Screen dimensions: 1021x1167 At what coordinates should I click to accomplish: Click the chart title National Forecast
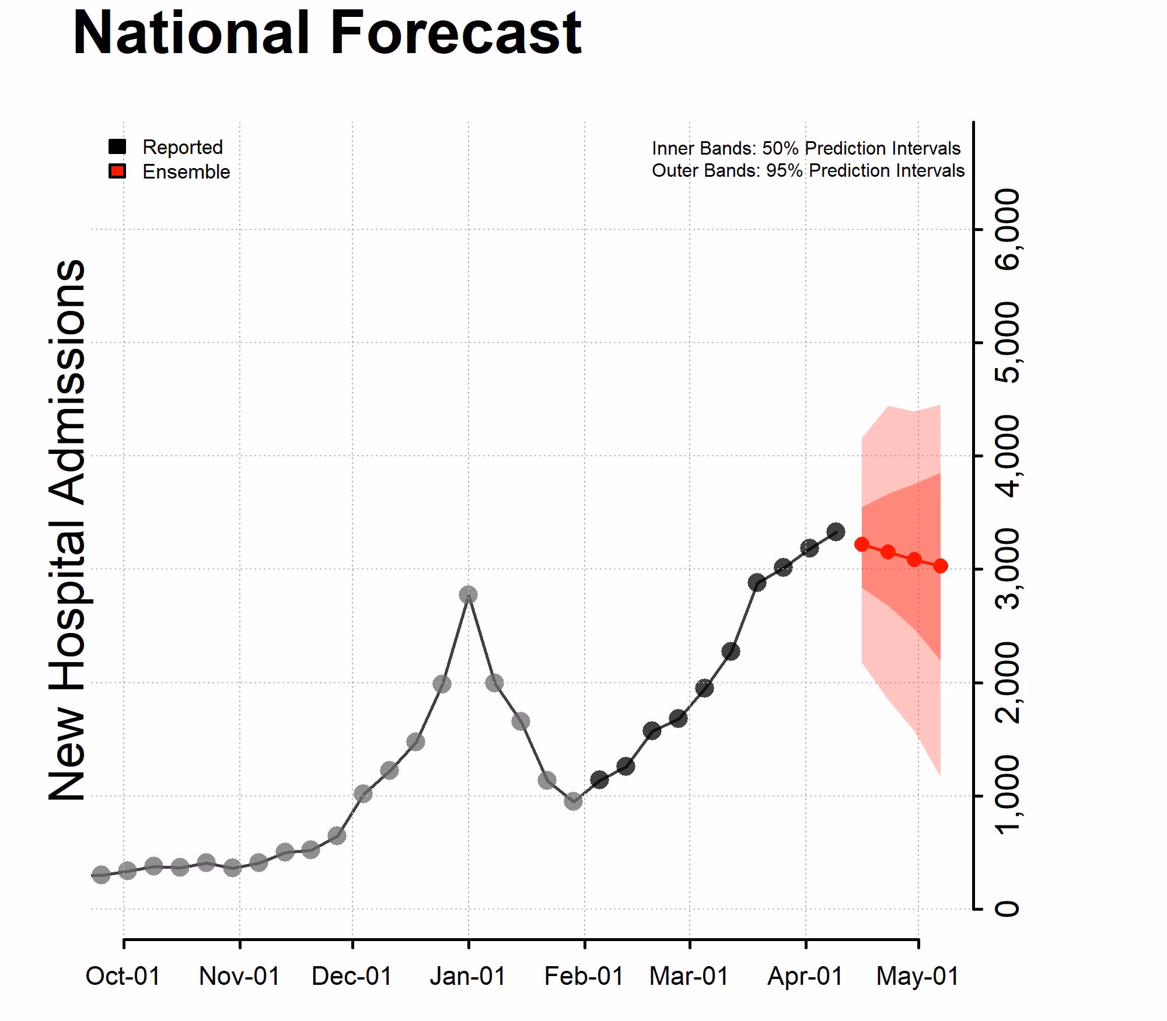click(x=327, y=33)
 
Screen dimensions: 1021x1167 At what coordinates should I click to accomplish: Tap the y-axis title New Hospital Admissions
click(x=67, y=530)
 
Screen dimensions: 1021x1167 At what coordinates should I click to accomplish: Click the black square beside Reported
click(x=117, y=146)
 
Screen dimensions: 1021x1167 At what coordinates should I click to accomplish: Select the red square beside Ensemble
click(x=117, y=172)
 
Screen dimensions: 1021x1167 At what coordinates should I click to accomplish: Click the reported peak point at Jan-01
click(x=468, y=595)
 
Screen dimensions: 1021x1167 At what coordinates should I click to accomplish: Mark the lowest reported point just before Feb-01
click(x=573, y=801)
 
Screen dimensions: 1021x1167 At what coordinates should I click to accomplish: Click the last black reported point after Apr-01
click(x=836, y=532)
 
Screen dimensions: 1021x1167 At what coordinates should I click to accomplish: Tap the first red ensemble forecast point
click(x=862, y=544)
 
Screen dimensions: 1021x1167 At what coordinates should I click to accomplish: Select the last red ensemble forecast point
click(x=940, y=566)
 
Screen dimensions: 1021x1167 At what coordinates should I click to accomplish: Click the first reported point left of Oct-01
click(x=101, y=875)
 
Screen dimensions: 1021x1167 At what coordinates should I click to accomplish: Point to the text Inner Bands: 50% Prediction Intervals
click(x=806, y=148)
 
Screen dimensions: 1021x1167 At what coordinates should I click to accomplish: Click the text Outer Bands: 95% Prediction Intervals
click(x=808, y=170)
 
